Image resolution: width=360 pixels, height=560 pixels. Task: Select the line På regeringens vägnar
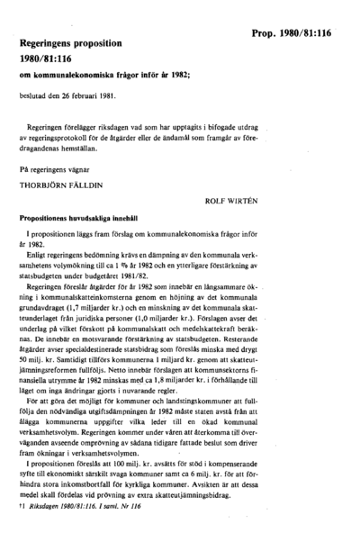click(x=58, y=167)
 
